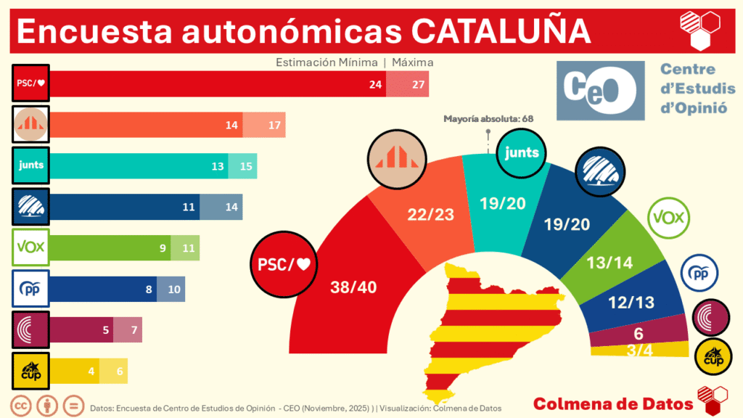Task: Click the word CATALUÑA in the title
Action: click(500, 31)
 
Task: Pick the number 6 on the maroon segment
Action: click(639, 334)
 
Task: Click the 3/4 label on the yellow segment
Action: click(639, 351)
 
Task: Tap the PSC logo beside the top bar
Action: click(30, 84)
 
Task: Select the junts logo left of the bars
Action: click(30, 165)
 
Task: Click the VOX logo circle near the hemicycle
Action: click(668, 218)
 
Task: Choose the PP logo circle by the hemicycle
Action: click(699, 274)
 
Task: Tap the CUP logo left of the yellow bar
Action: click(30, 371)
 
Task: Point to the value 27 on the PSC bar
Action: click(418, 85)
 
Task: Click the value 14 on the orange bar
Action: click(231, 125)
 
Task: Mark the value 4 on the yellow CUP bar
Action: click(91, 371)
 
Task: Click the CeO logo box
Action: click(600, 91)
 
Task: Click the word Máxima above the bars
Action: click(412, 62)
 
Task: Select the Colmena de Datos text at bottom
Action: click(612, 403)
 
